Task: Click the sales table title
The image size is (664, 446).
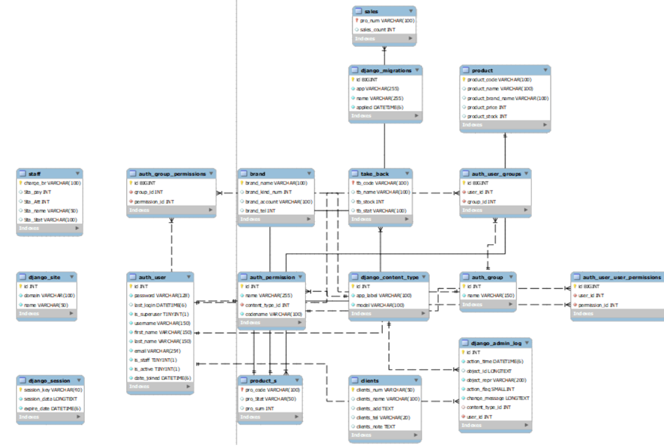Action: (x=371, y=11)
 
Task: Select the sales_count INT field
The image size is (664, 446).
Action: (x=378, y=30)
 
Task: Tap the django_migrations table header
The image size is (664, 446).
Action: (x=386, y=70)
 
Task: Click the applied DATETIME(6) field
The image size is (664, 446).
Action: (x=379, y=108)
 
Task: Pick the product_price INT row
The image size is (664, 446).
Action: (x=486, y=108)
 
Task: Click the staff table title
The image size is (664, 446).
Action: (x=34, y=174)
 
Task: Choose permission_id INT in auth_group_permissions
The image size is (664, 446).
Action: (x=154, y=202)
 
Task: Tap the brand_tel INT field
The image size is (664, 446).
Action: (x=260, y=211)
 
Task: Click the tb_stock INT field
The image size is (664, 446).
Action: (x=370, y=202)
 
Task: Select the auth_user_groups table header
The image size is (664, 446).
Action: (x=496, y=174)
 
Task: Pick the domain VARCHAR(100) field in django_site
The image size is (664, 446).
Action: (x=49, y=295)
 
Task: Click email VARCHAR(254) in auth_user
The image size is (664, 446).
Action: (x=157, y=351)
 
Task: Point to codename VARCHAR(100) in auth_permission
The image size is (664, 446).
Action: (x=273, y=314)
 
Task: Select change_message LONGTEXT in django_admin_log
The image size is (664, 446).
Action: (x=497, y=398)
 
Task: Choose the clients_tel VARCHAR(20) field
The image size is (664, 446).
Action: (x=383, y=418)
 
